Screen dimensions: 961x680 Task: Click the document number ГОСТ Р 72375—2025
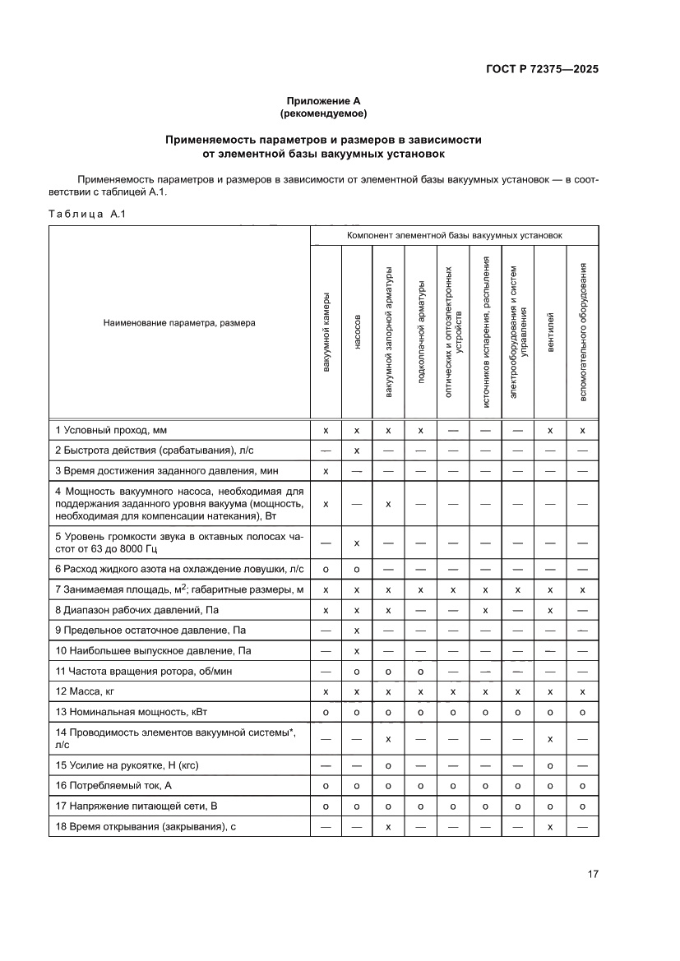(537, 69)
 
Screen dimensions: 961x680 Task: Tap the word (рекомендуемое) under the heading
(323, 113)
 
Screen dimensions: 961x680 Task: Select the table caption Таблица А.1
(86, 215)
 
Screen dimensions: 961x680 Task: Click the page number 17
(592, 874)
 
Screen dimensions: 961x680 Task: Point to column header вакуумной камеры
(326, 331)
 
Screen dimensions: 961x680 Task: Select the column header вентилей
(551, 331)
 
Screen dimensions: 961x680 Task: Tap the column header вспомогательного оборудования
(583, 331)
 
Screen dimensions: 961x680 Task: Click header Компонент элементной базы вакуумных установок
(454, 235)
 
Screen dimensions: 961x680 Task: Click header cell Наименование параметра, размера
(179, 323)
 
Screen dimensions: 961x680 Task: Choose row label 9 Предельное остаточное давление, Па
(150, 631)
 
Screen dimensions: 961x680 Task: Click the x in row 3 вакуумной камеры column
(326, 471)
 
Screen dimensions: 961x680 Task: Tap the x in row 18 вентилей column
(551, 826)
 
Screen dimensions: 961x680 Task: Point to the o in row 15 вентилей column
(551, 765)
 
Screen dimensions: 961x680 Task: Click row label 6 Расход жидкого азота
(179, 569)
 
